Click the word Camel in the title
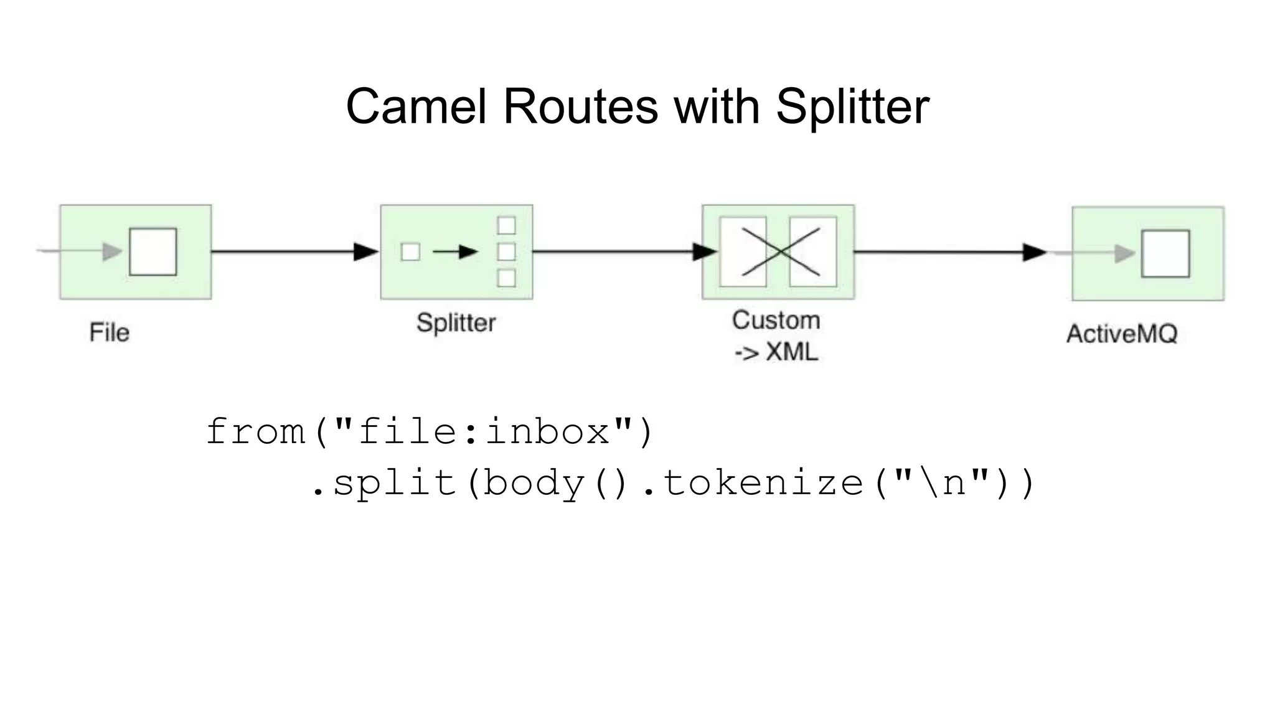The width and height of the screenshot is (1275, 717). [415, 106]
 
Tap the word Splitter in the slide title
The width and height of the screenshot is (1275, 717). [852, 106]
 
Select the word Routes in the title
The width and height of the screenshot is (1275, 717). [580, 106]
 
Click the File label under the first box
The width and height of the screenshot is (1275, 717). [109, 332]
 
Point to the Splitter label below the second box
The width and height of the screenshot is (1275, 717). [456, 323]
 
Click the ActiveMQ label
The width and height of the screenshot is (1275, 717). [1122, 334]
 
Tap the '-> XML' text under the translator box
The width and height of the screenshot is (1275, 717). [776, 352]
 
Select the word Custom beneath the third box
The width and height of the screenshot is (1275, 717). [776, 321]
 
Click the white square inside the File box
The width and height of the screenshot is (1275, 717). [153, 251]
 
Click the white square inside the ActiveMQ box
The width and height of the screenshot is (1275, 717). [1165, 253]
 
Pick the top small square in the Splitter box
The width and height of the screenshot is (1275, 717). [506, 225]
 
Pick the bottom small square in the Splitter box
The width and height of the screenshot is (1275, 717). [506, 278]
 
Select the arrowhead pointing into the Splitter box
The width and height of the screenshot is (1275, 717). [366, 251]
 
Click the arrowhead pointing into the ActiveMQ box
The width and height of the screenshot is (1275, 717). [1035, 252]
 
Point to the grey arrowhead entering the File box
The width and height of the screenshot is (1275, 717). [112, 251]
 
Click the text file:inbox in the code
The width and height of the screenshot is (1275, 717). [484, 431]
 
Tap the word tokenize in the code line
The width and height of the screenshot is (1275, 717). [763, 483]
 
